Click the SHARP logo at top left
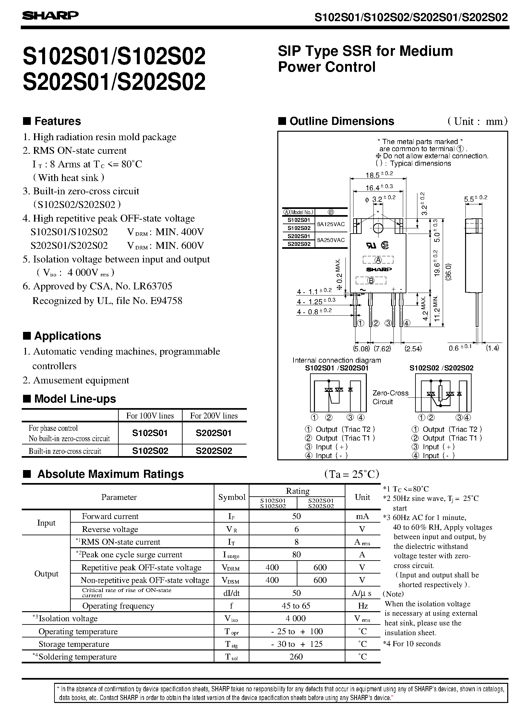click(50, 16)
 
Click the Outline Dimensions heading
click(342, 121)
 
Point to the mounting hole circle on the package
click(378, 228)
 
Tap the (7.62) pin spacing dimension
click(382, 349)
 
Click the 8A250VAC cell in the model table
click(331, 240)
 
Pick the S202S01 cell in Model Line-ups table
click(214, 433)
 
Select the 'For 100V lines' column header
click(150, 416)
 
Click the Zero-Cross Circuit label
click(390, 397)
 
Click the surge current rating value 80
click(296, 555)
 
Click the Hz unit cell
click(363, 606)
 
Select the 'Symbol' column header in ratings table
click(232, 497)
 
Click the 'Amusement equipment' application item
click(81, 380)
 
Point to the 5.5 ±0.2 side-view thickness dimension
click(475, 199)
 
